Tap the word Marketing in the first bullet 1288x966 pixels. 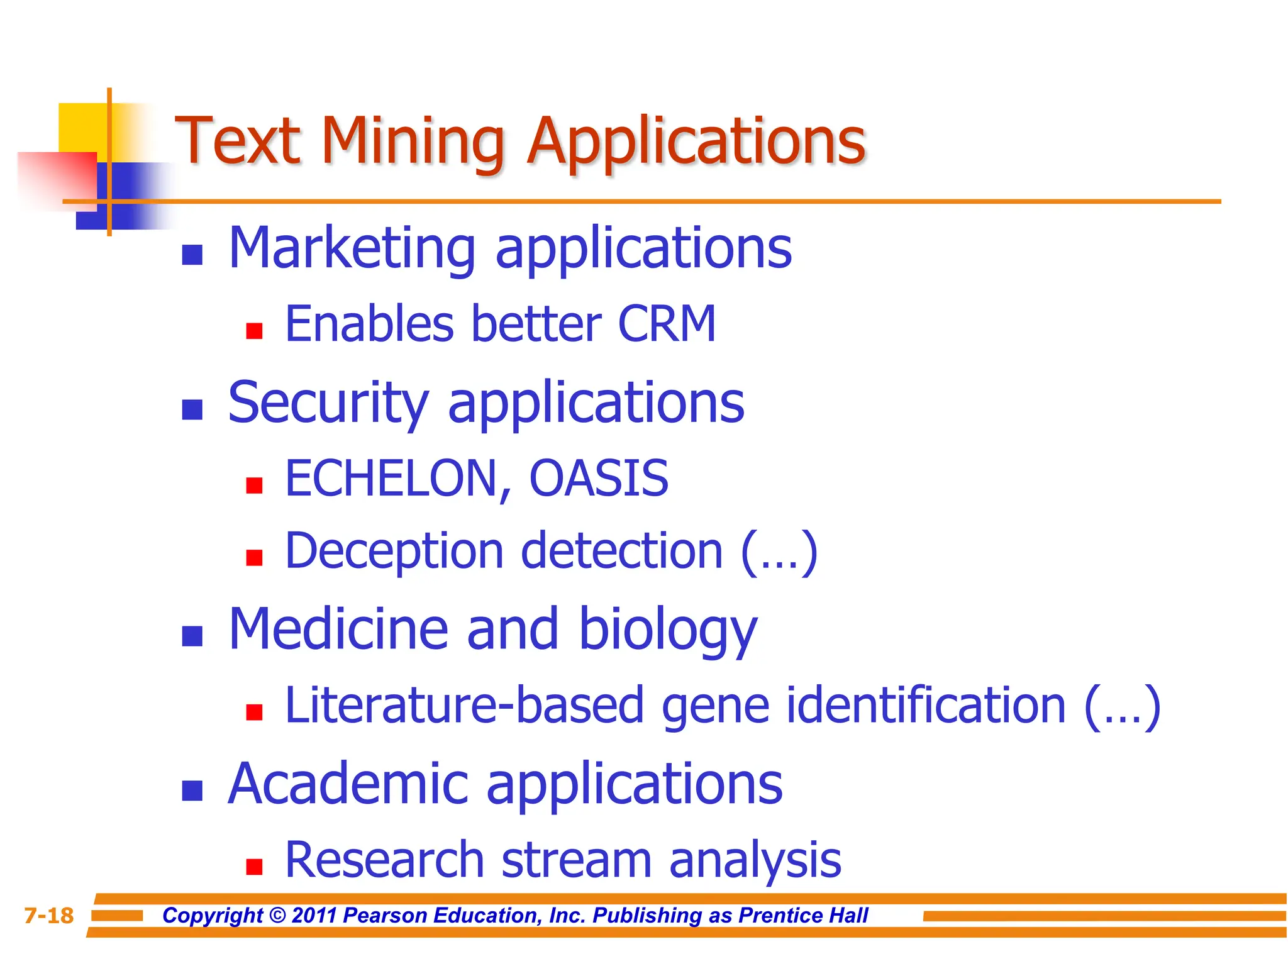[352, 248]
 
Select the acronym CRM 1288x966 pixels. [667, 325]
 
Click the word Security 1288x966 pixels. [328, 403]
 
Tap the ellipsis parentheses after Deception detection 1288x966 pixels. [779, 552]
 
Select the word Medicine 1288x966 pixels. [338, 630]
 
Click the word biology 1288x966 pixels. [667, 631]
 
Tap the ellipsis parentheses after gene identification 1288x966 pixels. [1122, 706]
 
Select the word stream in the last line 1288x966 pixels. [575, 860]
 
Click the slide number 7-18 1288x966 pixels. [48, 916]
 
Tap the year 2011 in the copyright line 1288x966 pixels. [315, 916]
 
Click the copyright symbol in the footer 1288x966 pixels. [277, 916]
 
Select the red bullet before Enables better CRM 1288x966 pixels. [254, 331]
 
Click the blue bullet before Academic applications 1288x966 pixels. [192, 791]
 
